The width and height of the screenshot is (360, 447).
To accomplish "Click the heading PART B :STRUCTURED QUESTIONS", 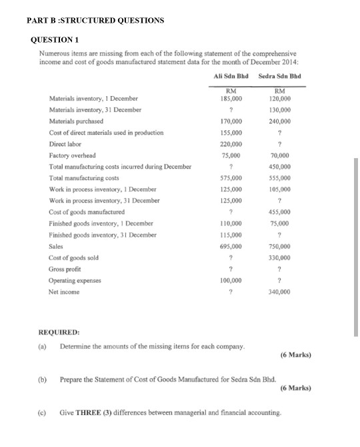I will pyautogui.click(x=95, y=20).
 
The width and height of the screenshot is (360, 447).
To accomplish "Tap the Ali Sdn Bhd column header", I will pyautogui.click(x=231, y=77).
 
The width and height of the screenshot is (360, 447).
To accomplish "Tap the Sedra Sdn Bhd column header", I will pyautogui.click(x=279, y=77).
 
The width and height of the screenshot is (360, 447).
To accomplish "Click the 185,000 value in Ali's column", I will pyautogui.click(x=231, y=98).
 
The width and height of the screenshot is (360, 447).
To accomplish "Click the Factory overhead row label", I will pyautogui.click(x=73, y=155).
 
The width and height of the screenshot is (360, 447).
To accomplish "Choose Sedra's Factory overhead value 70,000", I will pyautogui.click(x=281, y=155).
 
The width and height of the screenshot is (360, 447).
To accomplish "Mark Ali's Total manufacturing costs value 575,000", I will pyautogui.click(x=231, y=178).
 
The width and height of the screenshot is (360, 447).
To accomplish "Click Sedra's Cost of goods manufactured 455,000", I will pyautogui.click(x=279, y=211).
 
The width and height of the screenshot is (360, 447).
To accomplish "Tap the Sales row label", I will pyautogui.click(x=57, y=246).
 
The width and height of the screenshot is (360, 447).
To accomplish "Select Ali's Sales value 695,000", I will pyautogui.click(x=231, y=246).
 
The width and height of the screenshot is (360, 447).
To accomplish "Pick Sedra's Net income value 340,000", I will pyautogui.click(x=279, y=292).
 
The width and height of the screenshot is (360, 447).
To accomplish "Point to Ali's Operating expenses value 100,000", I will pyautogui.click(x=231, y=280).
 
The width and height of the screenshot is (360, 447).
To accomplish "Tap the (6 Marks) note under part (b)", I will pyautogui.click(x=295, y=387).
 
